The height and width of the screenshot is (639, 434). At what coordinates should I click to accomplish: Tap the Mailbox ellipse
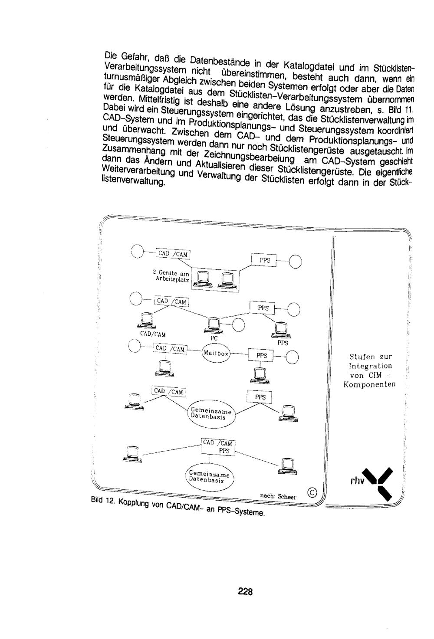tap(216, 354)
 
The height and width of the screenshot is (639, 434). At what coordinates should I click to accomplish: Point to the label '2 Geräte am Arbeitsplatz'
tap(171, 276)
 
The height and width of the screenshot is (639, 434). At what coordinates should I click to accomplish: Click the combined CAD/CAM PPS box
tap(218, 447)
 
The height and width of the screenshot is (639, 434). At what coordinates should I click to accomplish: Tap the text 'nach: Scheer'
tap(278, 496)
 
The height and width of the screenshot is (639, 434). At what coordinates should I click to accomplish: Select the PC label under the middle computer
tap(214, 338)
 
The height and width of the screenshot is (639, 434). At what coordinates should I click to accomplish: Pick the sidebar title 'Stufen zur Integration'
tap(370, 361)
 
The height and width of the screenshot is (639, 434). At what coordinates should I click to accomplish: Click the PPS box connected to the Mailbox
tap(261, 355)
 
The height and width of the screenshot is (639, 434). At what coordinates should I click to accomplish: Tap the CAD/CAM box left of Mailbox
tap(170, 349)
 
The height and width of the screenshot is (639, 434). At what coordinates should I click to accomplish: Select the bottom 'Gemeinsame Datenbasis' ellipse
tap(210, 477)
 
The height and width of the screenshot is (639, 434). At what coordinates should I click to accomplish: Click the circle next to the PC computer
tap(238, 325)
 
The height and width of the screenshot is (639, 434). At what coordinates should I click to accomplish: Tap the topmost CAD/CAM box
tap(173, 253)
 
